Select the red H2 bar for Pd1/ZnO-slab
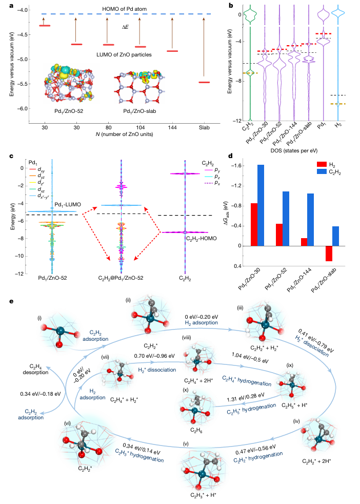pos(328,254)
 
